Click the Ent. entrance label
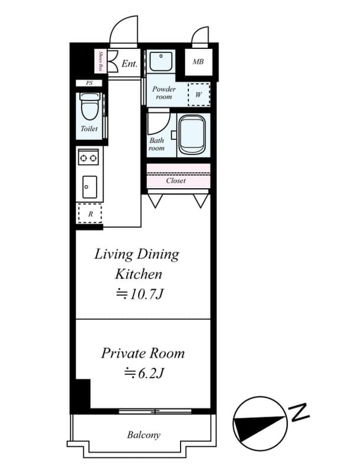pos(129,63)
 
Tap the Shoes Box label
pos(101,61)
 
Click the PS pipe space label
pos(89,83)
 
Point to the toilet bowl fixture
pos(89,109)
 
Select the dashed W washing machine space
pos(199,94)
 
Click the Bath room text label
pos(156,144)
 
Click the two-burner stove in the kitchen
pos(89,158)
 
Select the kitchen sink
pos(90,187)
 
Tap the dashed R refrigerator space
pos(90,214)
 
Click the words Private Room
pos(143,353)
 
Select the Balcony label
pos(143,435)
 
